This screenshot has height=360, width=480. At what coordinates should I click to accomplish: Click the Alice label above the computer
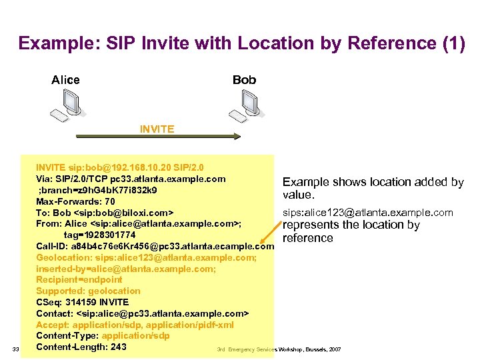pyautogui.click(x=65, y=80)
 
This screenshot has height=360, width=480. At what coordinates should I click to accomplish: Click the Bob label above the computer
pyautogui.click(x=244, y=80)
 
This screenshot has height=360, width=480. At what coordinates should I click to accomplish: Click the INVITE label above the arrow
pyautogui.click(x=157, y=129)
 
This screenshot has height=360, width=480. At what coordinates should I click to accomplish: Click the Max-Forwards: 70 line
pyautogui.click(x=75, y=201)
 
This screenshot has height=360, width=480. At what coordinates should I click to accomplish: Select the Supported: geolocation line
pyautogui.click(x=88, y=291)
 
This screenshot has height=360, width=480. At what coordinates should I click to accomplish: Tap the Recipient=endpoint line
pyautogui.click(x=79, y=279)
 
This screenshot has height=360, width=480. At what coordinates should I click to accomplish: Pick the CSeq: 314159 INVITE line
pyautogui.click(x=82, y=302)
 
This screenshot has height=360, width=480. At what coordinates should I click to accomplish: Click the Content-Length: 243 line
pyautogui.click(x=81, y=347)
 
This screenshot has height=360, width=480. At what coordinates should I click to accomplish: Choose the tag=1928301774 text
pyautogui.click(x=100, y=235)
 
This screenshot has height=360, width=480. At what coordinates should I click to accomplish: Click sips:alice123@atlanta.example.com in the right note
pyautogui.click(x=368, y=213)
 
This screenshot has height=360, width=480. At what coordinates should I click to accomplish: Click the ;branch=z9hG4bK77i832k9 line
pyautogui.click(x=97, y=190)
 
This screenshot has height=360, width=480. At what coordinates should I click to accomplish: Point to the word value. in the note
pyautogui.click(x=298, y=195)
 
